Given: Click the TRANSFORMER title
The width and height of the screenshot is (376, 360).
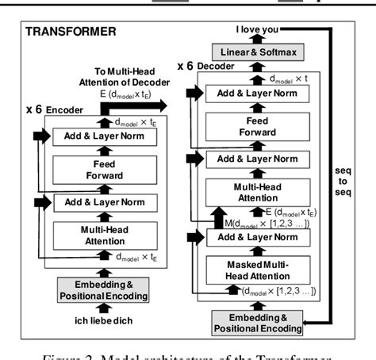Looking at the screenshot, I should pyautogui.click(x=71, y=33).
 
